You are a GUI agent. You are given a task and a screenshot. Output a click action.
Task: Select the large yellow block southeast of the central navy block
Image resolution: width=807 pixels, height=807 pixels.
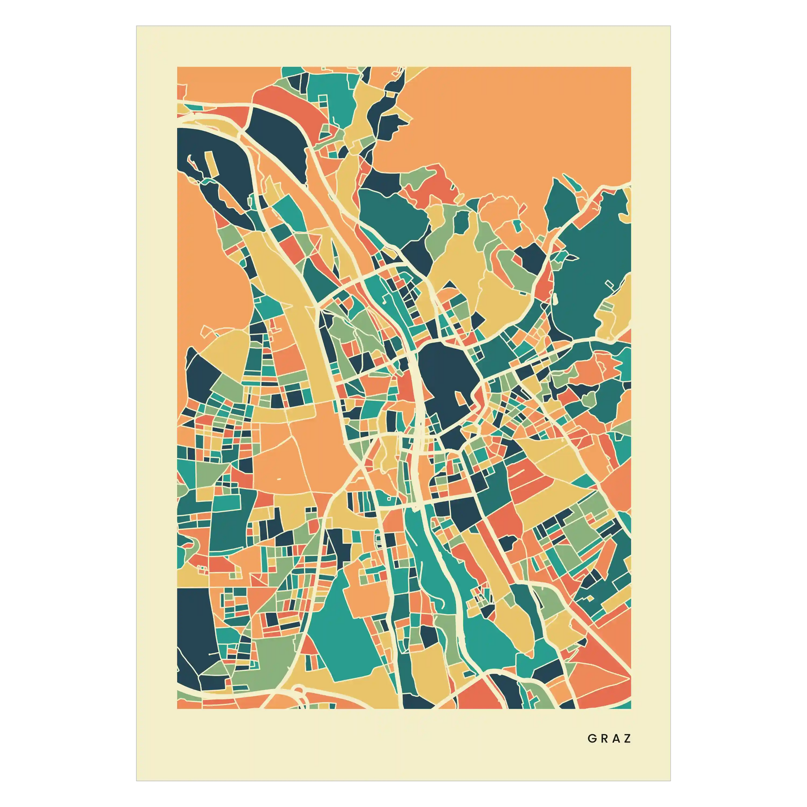coord(556,459)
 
